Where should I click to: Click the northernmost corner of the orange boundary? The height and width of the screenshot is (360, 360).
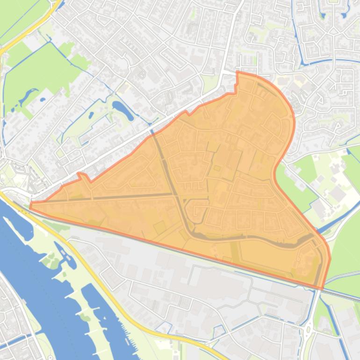point(238,72)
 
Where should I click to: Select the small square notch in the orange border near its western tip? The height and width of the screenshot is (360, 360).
point(83,176)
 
